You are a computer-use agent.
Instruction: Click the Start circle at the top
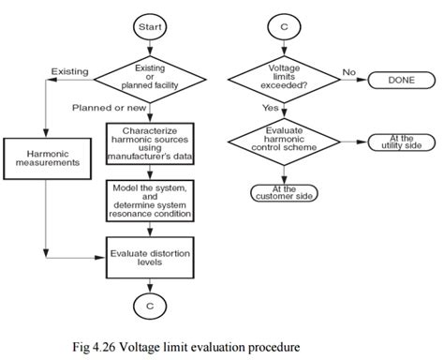(150, 28)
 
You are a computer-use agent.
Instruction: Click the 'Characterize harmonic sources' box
(150, 145)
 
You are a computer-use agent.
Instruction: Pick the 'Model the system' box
(150, 201)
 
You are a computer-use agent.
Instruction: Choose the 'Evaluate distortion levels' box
(150, 256)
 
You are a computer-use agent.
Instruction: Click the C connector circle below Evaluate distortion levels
(150, 306)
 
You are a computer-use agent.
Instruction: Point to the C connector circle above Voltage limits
(284, 28)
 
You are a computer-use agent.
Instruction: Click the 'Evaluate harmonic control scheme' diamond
(284, 141)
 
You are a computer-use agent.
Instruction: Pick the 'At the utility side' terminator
(400, 141)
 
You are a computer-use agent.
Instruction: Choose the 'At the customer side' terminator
(284, 192)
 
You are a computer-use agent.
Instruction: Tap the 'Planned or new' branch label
(104, 107)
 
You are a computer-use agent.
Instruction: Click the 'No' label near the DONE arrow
(348, 70)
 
